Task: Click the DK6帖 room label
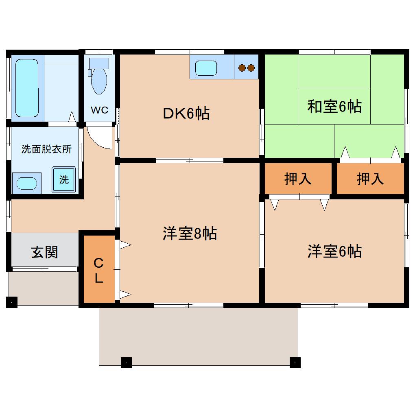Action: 186,114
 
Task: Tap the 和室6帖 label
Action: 334,107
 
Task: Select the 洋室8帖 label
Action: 189,234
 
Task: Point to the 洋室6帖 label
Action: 334,251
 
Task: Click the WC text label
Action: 99,110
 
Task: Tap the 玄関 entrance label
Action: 45,252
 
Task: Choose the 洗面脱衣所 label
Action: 46,149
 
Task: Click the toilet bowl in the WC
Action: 99,80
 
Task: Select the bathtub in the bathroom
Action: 27,87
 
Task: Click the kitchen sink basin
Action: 206,68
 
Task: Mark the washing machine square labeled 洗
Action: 63,179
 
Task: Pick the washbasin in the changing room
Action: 27,183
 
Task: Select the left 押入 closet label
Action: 298,179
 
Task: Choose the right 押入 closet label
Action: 370,179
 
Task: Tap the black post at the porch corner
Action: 12,302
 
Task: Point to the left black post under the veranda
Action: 126,362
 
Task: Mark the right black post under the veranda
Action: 295,362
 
